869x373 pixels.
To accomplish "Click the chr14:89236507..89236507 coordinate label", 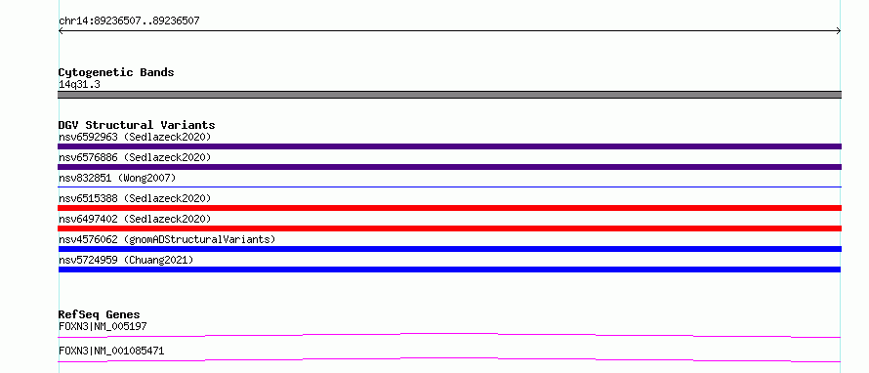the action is pyautogui.click(x=129, y=21).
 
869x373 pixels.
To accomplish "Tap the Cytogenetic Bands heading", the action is pyautogui.click(x=116, y=72).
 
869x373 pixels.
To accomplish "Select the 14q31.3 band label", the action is pyautogui.click(x=79, y=85).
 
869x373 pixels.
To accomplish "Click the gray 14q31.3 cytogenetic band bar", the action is pyautogui.click(x=449, y=95).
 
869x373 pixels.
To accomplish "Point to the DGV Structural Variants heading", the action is pyautogui.click(x=137, y=125).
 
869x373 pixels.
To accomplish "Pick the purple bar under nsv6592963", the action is pyautogui.click(x=449, y=146).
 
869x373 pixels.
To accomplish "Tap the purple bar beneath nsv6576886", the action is pyautogui.click(x=449, y=167).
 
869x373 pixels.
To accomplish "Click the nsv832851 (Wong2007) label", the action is pyautogui.click(x=117, y=178).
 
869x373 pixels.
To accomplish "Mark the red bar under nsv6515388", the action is pyautogui.click(x=449, y=208).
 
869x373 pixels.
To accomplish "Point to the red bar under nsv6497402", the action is pyautogui.click(x=449, y=228).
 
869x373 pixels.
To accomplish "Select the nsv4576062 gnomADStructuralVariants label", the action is pyautogui.click(x=167, y=239).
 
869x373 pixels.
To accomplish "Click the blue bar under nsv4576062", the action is pyautogui.click(x=449, y=249).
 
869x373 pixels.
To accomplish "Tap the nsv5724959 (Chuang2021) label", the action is pyautogui.click(x=126, y=260).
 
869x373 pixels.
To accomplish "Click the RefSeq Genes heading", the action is pyautogui.click(x=99, y=314).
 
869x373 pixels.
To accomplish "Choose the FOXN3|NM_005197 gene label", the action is pyautogui.click(x=103, y=326).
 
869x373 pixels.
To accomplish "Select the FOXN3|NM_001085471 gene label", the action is pyautogui.click(x=111, y=351).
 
